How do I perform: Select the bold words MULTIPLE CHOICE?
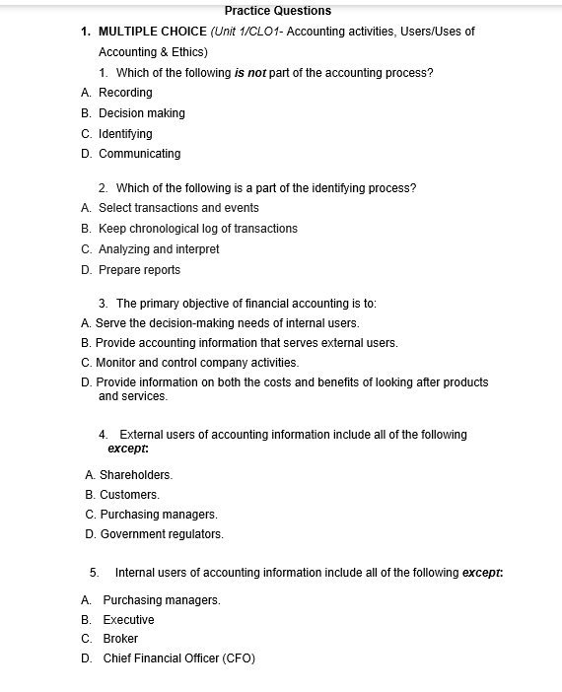coord(153,32)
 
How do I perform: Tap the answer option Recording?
coord(125,93)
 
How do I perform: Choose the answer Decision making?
coord(141,113)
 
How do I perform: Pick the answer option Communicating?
coord(139,154)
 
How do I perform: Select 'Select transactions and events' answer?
coord(178,208)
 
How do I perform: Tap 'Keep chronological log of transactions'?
coord(197,229)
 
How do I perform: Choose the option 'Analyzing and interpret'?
coord(159,249)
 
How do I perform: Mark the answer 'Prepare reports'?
coord(139,270)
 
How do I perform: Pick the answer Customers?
coord(129,495)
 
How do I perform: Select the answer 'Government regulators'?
coord(162,534)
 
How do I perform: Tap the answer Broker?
coord(120,639)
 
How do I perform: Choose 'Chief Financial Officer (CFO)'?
coord(178,658)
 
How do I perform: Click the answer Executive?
coord(128,620)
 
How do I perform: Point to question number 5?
coord(94,573)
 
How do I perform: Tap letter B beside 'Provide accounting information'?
coord(86,343)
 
